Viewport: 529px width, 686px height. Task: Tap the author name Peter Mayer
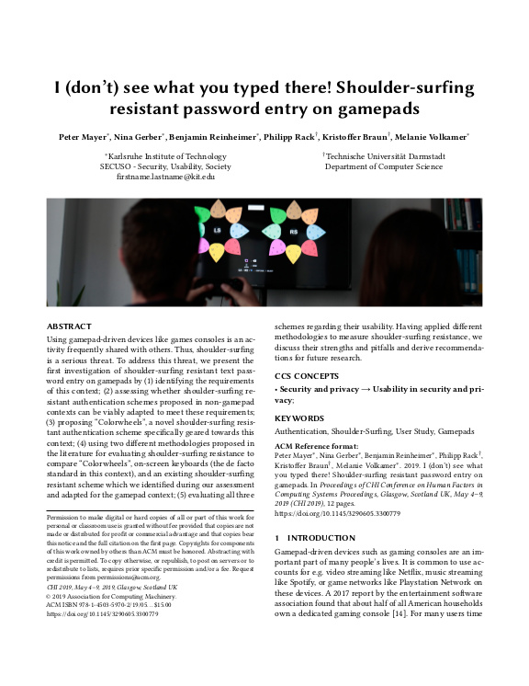pos(81,137)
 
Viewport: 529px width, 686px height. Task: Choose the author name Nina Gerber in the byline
pos(137,137)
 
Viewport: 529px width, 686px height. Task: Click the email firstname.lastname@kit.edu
pos(160,176)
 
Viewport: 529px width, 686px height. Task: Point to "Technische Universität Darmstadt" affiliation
pos(388,157)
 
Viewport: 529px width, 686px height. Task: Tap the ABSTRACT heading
pos(70,326)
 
